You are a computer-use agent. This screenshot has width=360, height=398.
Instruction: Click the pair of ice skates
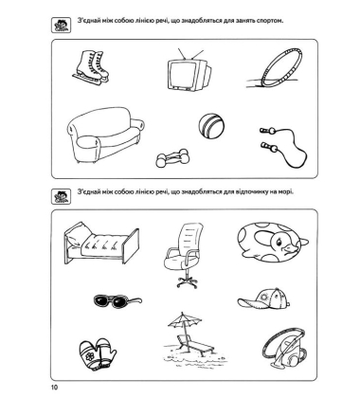click(91, 67)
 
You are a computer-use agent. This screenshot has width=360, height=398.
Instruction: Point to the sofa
click(105, 135)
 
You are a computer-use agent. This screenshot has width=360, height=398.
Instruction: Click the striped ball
click(211, 127)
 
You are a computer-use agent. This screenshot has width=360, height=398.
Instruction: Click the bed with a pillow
click(101, 243)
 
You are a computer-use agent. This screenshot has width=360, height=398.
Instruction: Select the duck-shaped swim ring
click(273, 242)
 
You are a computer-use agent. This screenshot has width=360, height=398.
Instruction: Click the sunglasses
click(117, 300)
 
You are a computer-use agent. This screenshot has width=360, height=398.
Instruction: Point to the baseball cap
click(264, 298)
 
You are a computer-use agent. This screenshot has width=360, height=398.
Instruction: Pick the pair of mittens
click(98, 353)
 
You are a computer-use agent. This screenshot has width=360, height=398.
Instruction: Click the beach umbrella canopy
click(185, 320)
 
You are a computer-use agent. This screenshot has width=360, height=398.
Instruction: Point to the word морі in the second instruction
click(286, 191)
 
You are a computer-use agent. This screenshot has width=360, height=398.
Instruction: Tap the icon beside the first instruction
click(61, 25)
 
